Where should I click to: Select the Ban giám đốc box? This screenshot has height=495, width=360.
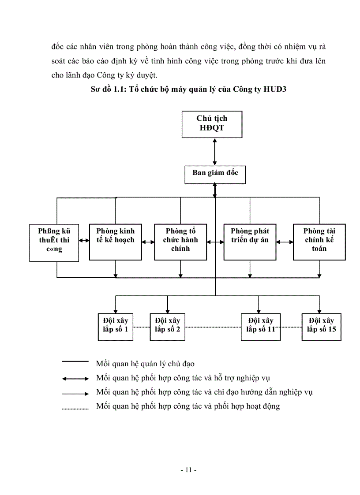pyautogui.click(x=215, y=173)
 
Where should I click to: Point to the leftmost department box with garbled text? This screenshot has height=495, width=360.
pyautogui.click(x=54, y=242)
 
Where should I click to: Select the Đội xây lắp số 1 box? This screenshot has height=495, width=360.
pyautogui.click(x=116, y=326)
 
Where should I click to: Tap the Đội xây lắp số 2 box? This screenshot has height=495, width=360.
pyautogui.click(x=167, y=326)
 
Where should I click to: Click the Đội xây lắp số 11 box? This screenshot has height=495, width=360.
pyautogui.click(x=260, y=326)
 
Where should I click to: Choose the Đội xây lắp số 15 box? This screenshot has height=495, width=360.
pyautogui.click(x=321, y=326)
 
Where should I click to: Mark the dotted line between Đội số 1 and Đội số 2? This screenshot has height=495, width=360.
pyautogui.click(x=141, y=327)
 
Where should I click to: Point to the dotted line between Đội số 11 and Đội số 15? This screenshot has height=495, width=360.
pyautogui.click(x=291, y=327)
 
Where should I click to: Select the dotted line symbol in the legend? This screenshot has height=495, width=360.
pyautogui.click(x=75, y=409)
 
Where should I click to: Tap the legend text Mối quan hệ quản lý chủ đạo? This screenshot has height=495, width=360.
pyautogui.click(x=145, y=364)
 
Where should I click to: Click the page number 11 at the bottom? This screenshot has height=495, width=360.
pyautogui.click(x=188, y=470)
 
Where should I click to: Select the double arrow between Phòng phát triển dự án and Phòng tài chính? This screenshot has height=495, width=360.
pyautogui.click(x=285, y=241)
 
